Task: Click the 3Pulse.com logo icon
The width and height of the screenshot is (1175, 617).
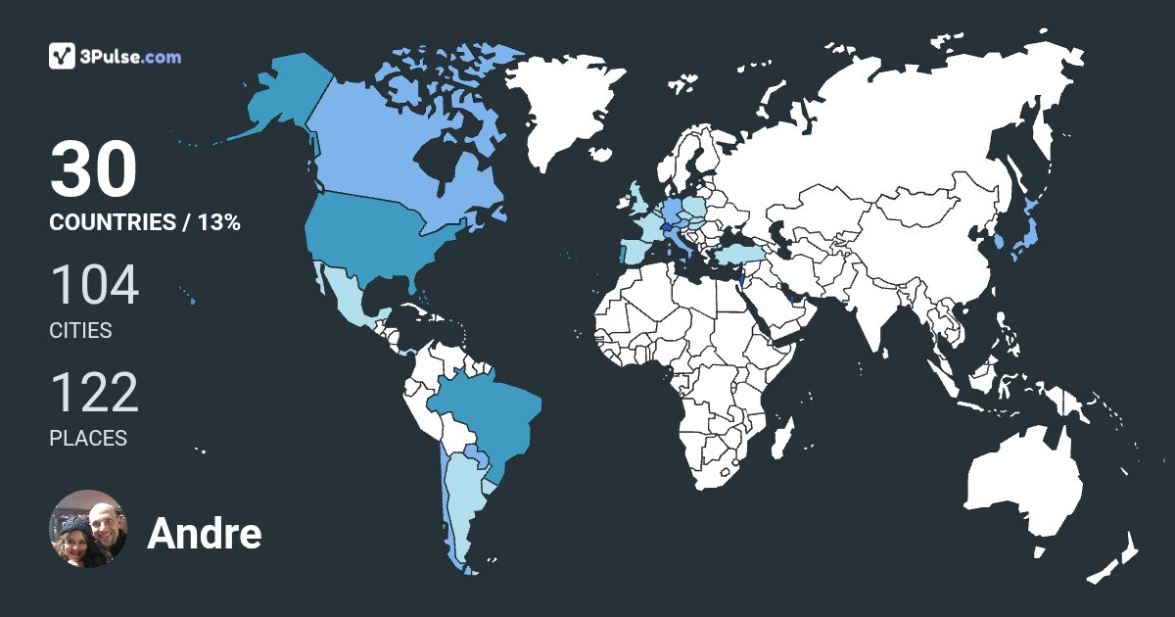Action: point(63,56)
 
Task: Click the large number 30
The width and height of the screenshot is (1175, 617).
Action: point(93,169)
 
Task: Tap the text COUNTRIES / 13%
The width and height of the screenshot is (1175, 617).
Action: point(145,222)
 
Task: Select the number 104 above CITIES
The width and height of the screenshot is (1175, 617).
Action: point(94,286)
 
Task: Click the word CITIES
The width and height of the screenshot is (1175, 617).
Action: point(80,331)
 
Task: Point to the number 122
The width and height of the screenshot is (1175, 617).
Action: point(94,394)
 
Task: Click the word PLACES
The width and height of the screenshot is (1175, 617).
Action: point(88,439)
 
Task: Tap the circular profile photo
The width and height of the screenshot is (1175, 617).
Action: point(88,529)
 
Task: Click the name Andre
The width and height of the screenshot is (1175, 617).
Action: point(204,534)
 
